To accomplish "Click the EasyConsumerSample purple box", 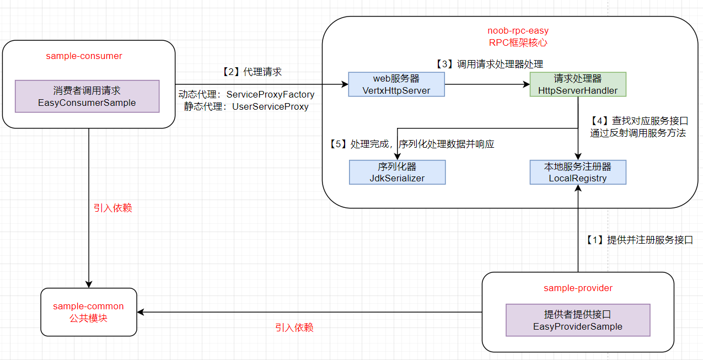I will click(x=87, y=96).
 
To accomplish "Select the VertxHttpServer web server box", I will click(x=396, y=84).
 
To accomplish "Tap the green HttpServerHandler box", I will click(x=578, y=84).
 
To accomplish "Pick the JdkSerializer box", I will click(x=396, y=172).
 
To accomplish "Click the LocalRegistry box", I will click(x=578, y=172).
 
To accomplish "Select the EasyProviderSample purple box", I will click(x=578, y=320).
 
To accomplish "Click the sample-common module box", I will click(x=89, y=312).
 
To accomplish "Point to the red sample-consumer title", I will click(x=84, y=56).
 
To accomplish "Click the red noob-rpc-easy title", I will click(x=518, y=30).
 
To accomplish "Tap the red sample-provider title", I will click(x=578, y=288).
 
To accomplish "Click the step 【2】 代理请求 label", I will click(x=251, y=72).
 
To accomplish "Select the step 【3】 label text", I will click(x=489, y=64).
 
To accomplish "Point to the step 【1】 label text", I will click(x=639, y=240).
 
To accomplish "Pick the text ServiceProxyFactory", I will click(x=270, y=94).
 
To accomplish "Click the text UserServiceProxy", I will click(x=270, y=106).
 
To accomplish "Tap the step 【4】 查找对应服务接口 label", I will click(x=639, y=120).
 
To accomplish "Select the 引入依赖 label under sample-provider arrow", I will click(x=294, y=327).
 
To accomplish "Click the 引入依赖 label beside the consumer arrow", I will click(x=112, y=208).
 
